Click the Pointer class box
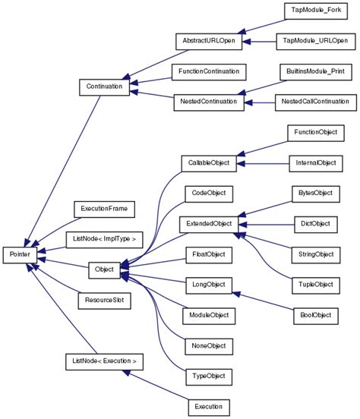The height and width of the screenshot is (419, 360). (x=20, y=254)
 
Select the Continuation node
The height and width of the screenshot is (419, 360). (x=103, y=87)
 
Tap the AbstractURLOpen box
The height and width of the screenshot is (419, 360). (x=208, y=40)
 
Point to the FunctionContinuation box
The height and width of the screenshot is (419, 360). (x=208, y=71)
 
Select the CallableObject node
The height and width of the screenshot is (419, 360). (x=208, y=162)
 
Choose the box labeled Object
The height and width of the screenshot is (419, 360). (x=103, y=269)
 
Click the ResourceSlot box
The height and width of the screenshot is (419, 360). (x=103, y=301)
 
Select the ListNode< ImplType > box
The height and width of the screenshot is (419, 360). (x=103, y=239)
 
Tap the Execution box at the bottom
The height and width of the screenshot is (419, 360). (x=208, y=407)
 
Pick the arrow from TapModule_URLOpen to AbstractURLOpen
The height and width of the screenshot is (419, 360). (x=259, y=40)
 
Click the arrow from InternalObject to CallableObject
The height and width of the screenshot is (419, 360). (x=262, y=162)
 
